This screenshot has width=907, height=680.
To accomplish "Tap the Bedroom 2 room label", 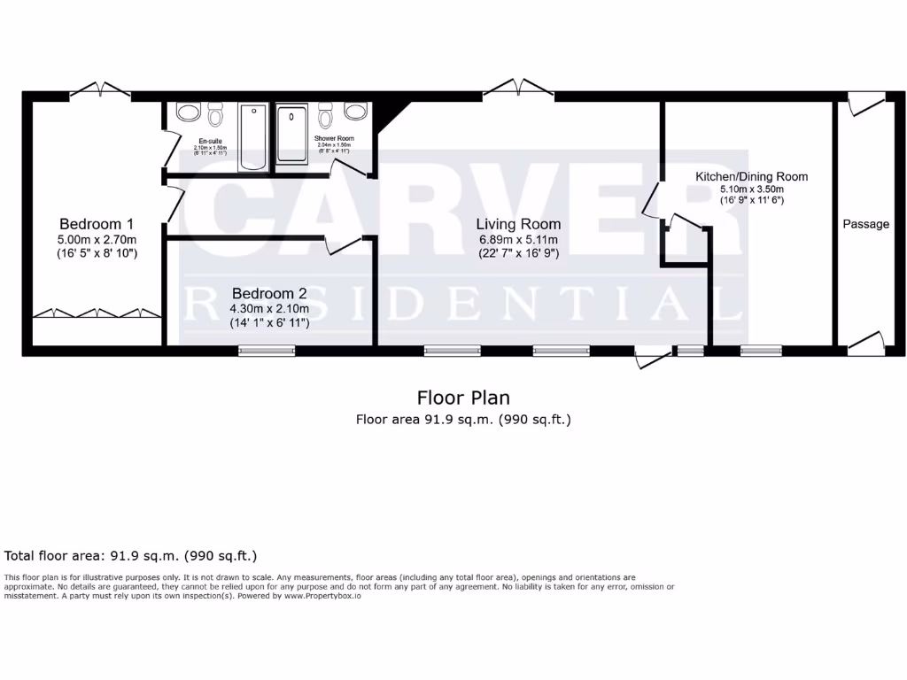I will coord(269,293).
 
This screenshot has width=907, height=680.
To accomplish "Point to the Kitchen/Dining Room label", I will coord(751,177).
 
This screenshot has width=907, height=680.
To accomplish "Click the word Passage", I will coord(865,224).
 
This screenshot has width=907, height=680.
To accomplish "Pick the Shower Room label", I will coord(334,138).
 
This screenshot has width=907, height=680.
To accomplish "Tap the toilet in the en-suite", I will coord(215,115).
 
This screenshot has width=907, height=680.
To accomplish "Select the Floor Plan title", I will coord(463,398).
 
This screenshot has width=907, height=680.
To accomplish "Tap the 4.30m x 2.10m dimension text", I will coord(269,308).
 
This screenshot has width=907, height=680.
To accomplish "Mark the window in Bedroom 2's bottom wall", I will coord(267,351).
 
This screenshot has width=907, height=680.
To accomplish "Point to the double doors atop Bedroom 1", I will coord(100,89).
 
